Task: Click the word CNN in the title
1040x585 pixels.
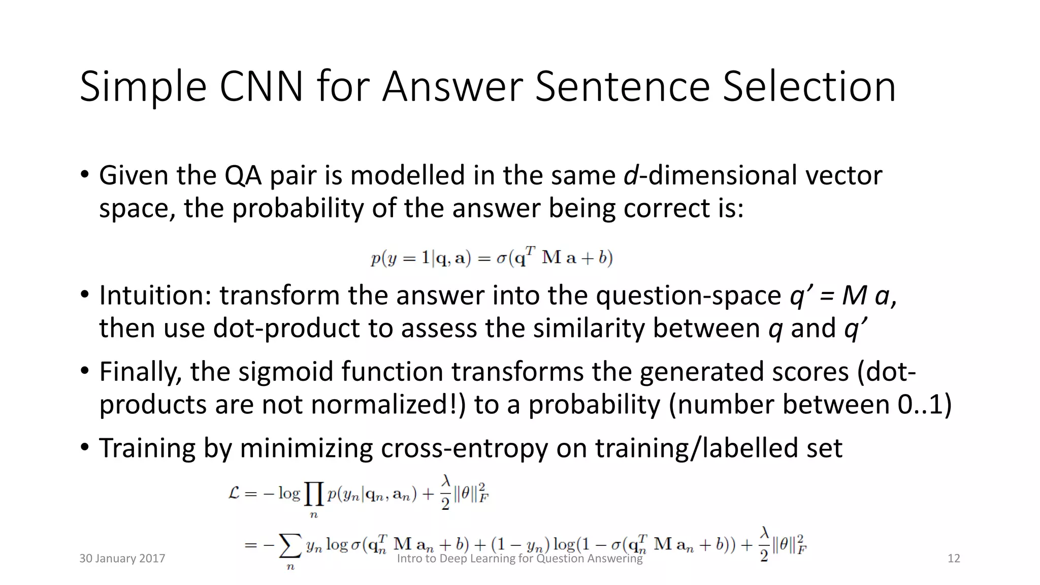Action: pos(261,87)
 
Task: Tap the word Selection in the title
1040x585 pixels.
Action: pos(809,87)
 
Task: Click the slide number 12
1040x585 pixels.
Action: pos(954,559)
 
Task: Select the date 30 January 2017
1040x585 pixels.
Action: pos(122,559)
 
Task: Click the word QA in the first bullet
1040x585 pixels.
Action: pos(243,175)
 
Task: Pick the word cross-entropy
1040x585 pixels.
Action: pos(465,448)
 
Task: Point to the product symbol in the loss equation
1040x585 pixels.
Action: pos(314,494)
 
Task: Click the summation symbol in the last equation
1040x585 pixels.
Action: pos(290,546)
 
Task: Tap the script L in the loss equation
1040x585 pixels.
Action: pos(234,493)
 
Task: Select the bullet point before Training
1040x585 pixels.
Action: pos(84,448)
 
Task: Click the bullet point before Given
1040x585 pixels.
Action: pos(84,175)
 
